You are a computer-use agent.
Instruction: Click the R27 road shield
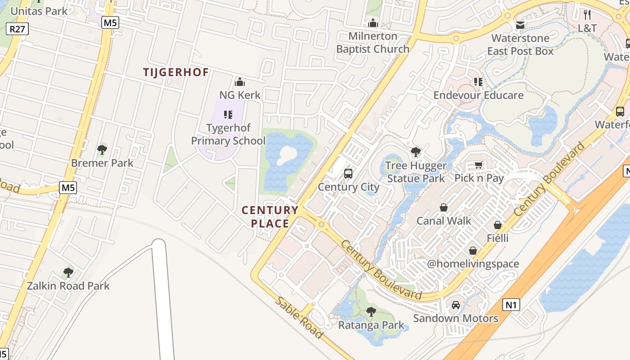[18, 30]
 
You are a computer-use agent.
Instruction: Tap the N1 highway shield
[511, 305]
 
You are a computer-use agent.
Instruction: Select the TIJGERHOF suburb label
[176, 72]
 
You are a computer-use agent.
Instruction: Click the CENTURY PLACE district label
[270, 217]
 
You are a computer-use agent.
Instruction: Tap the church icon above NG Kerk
[240, 82]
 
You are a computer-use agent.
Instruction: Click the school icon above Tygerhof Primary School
[228, 115]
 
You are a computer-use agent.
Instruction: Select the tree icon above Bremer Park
[102, 150]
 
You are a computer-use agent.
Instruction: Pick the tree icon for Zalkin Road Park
[68, 272]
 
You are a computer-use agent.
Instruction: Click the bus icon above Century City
[348, 173]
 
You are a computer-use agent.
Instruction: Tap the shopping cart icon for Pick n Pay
[479, 165]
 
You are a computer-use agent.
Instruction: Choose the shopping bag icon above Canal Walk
[444, 207]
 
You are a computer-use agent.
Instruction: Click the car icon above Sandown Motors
[456, 305]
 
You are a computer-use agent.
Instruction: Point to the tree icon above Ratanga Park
[371, 311]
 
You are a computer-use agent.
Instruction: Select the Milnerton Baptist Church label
[373, 42]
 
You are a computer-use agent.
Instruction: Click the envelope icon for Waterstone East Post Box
[520, 25]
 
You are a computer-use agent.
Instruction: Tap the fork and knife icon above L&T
[587, 15]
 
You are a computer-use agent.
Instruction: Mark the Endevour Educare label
[478, 95]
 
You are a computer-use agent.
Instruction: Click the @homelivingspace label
[473, 264]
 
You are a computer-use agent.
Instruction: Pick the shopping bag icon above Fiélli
[498, 225]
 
